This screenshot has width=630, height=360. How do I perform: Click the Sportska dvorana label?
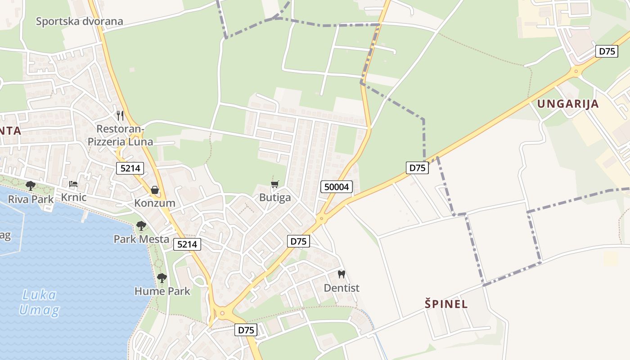point(79,21)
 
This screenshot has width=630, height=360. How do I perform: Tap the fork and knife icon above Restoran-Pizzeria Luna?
point(120,116)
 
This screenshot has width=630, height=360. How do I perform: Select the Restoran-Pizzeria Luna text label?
point(120,136)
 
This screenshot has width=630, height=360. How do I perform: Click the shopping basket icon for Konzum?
point(155,190)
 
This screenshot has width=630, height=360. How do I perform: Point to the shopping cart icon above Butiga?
point(275,184)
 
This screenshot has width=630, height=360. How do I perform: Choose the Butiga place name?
point(275,198)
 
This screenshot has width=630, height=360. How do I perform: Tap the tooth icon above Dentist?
point(342,274)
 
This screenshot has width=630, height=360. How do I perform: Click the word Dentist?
point(342,288)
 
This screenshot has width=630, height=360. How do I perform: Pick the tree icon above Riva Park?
point(31,185)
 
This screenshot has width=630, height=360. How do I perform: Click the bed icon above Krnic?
point(73,184)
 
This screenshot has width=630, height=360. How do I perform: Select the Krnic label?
point(73,198)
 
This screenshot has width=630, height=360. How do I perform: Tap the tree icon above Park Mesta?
point(141,226)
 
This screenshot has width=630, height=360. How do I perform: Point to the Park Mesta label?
point(141,239)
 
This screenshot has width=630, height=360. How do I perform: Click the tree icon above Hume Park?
point(162,278)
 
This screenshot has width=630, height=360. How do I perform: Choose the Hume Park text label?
point(162,291)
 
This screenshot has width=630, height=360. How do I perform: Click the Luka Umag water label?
point(39,302)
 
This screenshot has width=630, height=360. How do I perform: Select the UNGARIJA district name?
point(568,104)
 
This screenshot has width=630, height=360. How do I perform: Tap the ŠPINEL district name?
point(446,304)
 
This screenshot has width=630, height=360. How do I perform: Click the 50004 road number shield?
point(337,187)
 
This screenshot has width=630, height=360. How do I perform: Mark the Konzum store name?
point(155,203)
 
